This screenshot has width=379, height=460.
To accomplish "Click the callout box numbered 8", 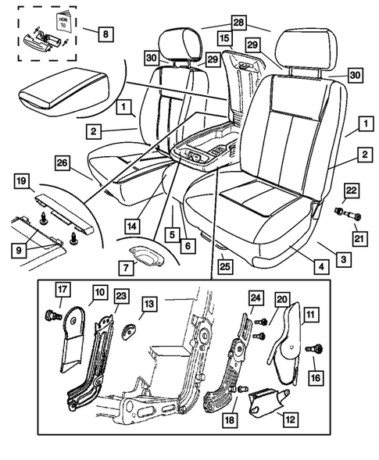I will pos(104,34).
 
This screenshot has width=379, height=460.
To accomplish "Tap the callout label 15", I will pos(225,37).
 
